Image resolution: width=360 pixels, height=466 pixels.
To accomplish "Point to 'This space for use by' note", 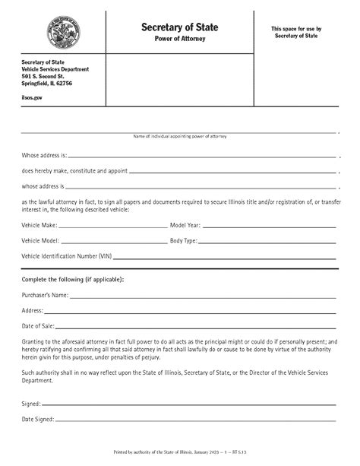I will coord(296,29).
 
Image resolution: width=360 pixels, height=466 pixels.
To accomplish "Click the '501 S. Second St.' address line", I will coord(44,77).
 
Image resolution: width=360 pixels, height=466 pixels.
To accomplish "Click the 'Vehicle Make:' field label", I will coord(39,226).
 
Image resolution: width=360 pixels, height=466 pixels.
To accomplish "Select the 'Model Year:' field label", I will coord(185,226).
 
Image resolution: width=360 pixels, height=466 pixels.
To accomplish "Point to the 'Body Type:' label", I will coord(184,241).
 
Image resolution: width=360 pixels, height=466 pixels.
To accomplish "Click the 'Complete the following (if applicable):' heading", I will coord(73,279).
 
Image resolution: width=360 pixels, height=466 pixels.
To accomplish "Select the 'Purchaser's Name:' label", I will coord(46,295).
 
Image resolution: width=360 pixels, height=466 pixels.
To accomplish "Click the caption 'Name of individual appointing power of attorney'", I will coord(180,136).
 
